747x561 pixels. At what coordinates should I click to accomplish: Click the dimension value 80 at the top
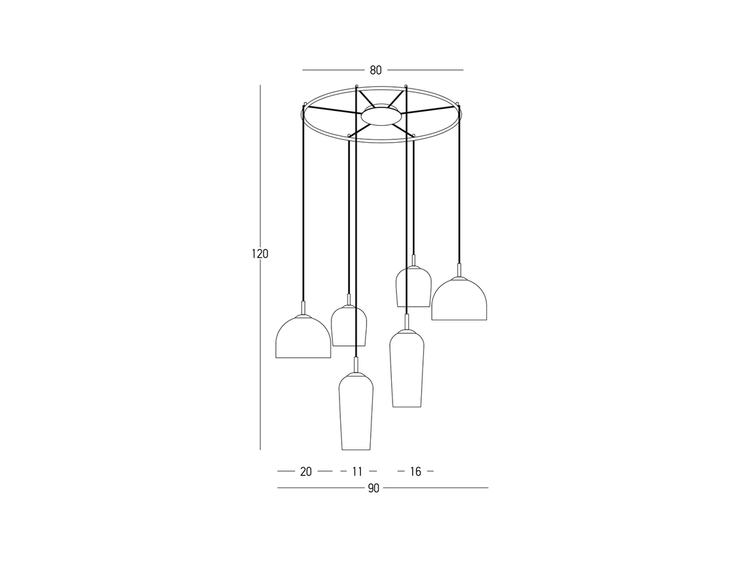pyautogui.click(x=376, y=70)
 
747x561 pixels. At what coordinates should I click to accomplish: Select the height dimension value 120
pyautogui.click(x=260, y=254)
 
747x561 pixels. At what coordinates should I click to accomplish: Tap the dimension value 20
pyautogui.click(x=306, y=472)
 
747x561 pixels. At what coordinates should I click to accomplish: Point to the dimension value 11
pyautogui.click(x=357, y=472)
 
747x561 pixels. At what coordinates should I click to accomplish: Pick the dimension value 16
pyautogui.click(x=416, y=472)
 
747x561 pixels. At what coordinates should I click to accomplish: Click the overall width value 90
pyautogui.click(x=373, y=488)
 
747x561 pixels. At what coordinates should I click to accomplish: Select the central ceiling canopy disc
pyautogui.click(x=381, y=115)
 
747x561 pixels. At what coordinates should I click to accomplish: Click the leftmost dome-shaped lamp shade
pyautogui.click(x=303, y=337)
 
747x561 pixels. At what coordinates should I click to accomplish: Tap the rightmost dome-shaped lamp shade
pyautogui.click(x=459, y=299)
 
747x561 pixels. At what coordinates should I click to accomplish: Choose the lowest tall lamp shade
pyautogui.click(x=356, y=411)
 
